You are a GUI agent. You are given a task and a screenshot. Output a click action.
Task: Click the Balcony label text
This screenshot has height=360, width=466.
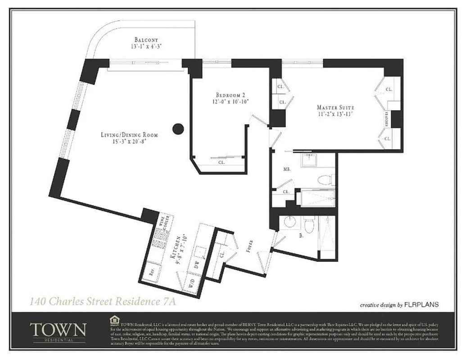click(146, 40)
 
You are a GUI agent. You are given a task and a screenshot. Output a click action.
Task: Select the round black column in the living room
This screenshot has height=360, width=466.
click(178, 129)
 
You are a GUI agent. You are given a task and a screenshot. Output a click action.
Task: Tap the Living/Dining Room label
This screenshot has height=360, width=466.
click(129, 135)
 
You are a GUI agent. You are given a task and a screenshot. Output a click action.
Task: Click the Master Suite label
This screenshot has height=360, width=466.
click(335, 108)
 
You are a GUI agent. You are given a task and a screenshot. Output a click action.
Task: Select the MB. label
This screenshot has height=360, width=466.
click(286, 170)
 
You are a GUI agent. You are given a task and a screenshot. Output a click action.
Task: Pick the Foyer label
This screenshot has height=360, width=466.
click(250, 246)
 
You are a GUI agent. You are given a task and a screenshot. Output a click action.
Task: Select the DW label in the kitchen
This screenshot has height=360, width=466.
click(196, 265)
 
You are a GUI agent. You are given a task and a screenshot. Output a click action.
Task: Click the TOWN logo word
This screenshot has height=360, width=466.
click(58, 329)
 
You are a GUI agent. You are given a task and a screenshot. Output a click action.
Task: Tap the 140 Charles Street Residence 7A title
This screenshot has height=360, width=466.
click(102, 301)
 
